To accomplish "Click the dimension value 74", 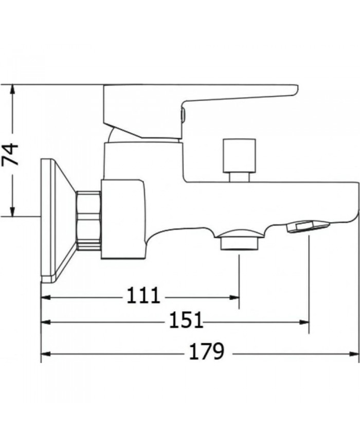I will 11,153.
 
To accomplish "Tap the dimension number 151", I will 186,321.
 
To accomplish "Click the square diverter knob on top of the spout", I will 239,155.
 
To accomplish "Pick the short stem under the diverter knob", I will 239,177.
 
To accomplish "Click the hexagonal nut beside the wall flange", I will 88,220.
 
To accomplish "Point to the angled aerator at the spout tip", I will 308,226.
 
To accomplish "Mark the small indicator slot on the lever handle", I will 181,115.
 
